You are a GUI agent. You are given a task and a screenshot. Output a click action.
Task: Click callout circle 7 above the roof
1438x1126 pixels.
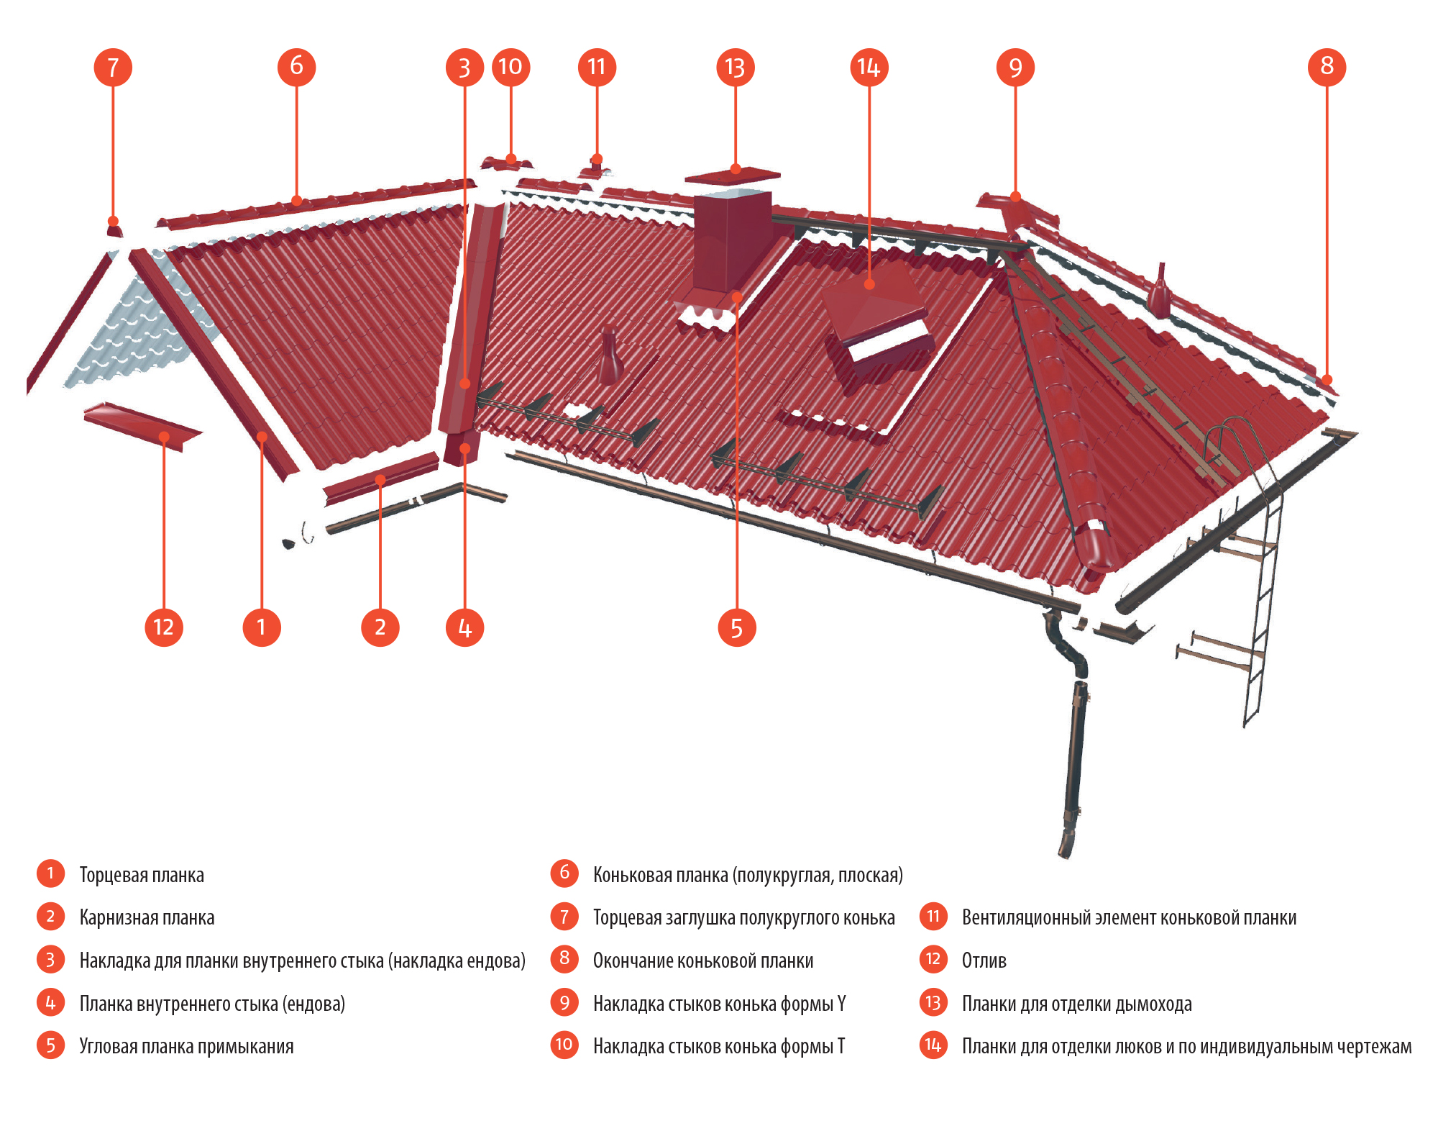(x=113, y=67)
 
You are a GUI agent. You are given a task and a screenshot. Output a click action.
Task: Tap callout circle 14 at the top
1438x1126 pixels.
(x=869, y=67)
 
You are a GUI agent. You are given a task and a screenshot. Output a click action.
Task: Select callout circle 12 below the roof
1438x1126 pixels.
(x=164, y=627)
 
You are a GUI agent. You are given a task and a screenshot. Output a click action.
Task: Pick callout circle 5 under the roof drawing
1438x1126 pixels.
(x=737, y=627)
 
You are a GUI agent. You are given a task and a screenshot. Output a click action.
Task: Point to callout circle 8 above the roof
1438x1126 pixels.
(x=1327, y=67)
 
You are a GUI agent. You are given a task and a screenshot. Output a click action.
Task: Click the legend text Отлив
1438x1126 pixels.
(x=984, y=961)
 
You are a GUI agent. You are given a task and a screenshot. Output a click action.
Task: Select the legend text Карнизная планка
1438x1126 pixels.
(x=147, y=917)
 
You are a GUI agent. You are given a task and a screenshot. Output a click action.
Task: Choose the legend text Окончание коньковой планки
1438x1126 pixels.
(x=702, y=961)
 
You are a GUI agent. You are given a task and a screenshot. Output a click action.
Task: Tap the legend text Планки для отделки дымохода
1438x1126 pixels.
(x=1076, y=1004)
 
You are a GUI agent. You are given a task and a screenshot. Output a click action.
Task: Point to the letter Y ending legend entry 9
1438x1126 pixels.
(x=841, y=1004)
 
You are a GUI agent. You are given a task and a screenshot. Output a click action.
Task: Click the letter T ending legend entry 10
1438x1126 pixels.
(x=841, y=1046)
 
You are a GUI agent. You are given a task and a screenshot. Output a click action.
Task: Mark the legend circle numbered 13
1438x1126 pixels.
(x=933, y=1002)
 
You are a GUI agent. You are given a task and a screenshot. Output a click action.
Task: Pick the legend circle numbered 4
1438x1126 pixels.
(x=50, y=1002)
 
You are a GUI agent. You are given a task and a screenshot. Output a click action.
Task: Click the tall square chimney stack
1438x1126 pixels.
(x=731, y=241)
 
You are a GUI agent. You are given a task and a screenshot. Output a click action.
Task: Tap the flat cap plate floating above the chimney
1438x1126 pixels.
(x=732, y=175)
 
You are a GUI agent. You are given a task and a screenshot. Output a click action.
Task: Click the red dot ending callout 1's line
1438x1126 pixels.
(x=262, y=437)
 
